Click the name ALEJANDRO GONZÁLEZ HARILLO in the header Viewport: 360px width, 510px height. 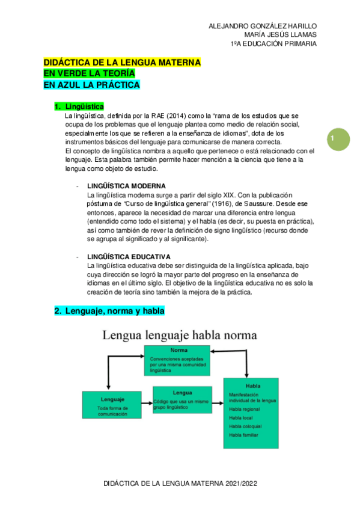click(x=262, y=26)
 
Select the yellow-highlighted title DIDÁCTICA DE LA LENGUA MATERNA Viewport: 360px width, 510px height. click(x=122, y=62)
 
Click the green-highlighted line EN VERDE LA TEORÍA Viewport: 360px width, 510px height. click(x=89, y=73)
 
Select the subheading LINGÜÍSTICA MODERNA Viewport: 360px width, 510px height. click(x=126, y=186)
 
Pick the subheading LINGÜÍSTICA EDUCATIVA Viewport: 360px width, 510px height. click(x=129, y=257)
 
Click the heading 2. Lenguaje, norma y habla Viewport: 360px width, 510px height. click(x=109, y=311)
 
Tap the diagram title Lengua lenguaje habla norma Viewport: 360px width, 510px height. click(x=179, y=335)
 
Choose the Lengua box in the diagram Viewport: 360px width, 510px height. click(x=182, y=399)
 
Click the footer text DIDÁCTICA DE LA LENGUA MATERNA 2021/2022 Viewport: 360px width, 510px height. click(x=180, y=483)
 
